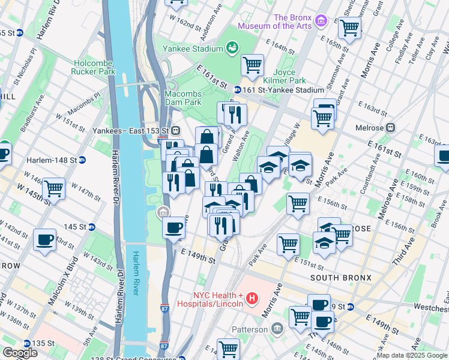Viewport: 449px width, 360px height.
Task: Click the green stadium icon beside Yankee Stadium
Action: pos(232,47)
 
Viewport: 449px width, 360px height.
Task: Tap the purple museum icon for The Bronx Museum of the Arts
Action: pos(321,22)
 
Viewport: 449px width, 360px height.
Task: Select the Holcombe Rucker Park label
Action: pos(95,67)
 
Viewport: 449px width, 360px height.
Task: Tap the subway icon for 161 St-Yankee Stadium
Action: pos(238,90)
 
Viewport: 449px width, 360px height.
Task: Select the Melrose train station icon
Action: pos(391,127)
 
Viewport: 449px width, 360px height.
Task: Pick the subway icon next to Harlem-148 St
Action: pos(82,160)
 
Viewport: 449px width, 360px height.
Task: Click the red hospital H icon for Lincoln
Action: pos(252,298)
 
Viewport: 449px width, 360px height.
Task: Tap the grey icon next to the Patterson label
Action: pos(277,329)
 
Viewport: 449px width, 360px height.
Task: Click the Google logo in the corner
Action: pos(20,353)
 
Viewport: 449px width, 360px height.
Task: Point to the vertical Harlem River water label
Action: pos(136,273)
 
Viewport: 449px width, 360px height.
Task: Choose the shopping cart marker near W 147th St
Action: pos(54,189)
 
